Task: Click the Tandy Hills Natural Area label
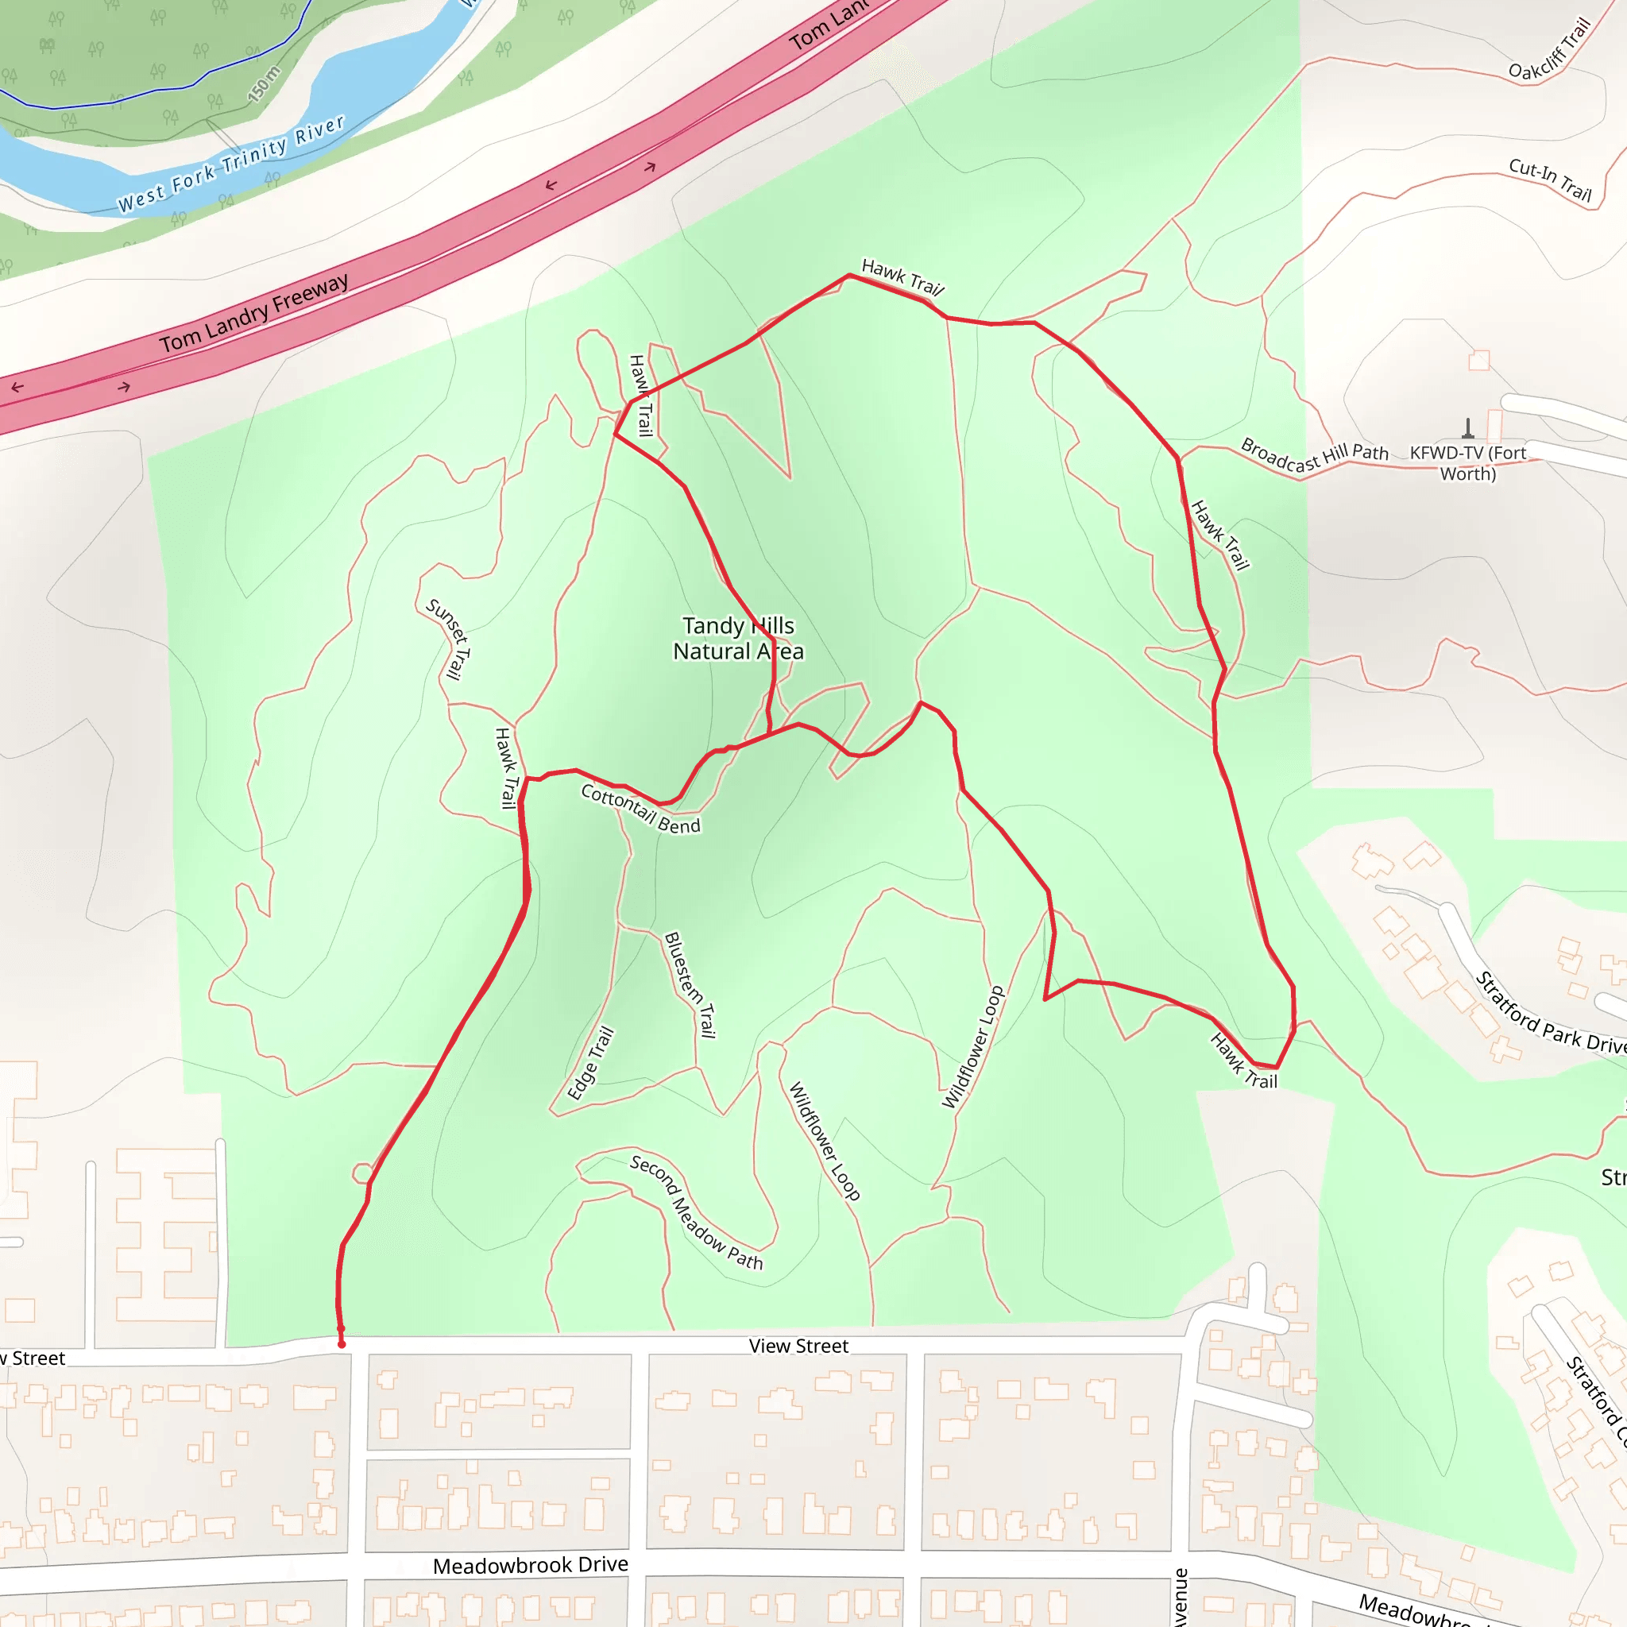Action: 739,639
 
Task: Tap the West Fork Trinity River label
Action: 230,164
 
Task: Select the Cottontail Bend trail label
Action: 640,809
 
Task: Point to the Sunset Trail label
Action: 448,640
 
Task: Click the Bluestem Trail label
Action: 690,984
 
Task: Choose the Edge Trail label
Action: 590,1064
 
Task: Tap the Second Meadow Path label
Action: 697,1212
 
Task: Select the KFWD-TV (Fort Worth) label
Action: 1468,463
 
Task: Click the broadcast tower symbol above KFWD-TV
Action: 1468,430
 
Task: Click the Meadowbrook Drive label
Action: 531,1566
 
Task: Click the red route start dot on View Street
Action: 341,1344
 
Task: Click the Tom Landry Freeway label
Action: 254,312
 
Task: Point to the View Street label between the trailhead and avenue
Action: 798,1346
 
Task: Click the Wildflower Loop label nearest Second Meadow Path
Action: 824,1141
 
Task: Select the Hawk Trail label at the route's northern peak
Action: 902,277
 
